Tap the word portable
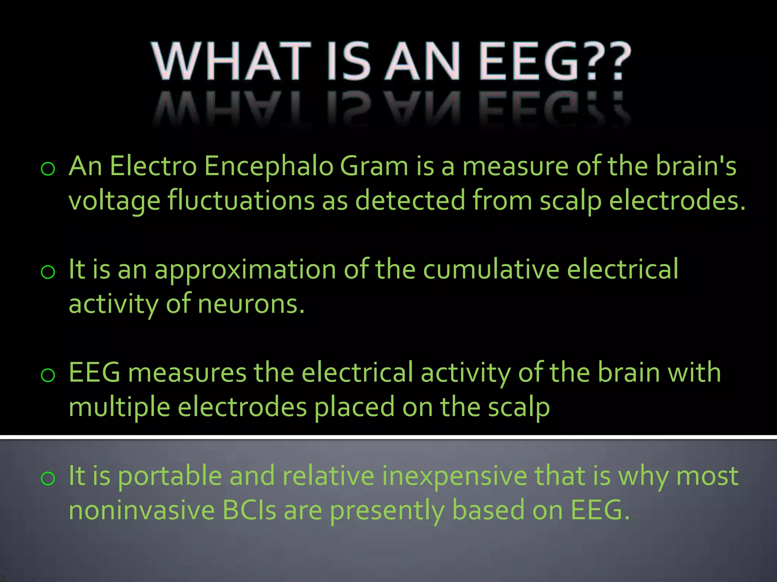point(170,476)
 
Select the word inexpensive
point(455,477)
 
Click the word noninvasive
point(142,510)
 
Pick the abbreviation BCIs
point(249,510)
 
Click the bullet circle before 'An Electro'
point(48,169)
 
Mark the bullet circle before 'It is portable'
point(48,479)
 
